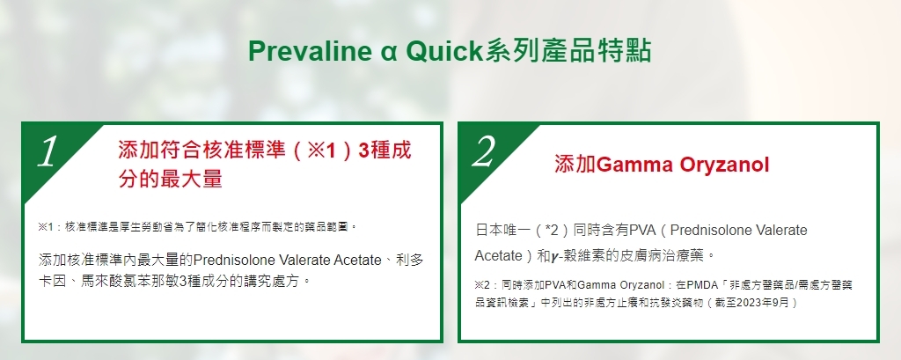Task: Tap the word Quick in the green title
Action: [444, 51]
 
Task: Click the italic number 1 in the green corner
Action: [48, 151]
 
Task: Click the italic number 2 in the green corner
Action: [484, 151]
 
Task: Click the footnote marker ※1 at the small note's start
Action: [46, 226]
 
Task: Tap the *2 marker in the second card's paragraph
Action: [552, 231]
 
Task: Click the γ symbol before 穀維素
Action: [554, 256]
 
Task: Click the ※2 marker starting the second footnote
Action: [483, 284]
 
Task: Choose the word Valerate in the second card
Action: [780, 231]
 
